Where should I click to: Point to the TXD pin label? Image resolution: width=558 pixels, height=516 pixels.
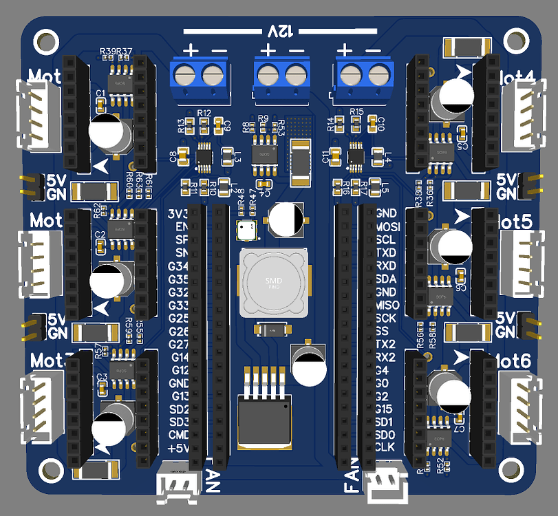pos(387,252)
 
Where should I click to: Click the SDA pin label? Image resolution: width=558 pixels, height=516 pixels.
pos(387,279)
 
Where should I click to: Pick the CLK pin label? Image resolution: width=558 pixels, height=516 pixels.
pos(387,447)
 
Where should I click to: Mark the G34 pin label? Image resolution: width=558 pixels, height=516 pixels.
pos(178,266)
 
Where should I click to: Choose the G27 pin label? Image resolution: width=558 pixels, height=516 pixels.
pos(178,344)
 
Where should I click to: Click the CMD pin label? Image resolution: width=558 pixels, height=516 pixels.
pos(178,435)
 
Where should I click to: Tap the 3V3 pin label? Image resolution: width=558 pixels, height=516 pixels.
pos(178,214)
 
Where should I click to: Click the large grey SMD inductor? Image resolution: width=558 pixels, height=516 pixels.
pos(274,282)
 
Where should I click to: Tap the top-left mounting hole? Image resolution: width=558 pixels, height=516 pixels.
pos(46,40)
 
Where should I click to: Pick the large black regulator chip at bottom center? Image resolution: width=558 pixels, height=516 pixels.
pos(265,420)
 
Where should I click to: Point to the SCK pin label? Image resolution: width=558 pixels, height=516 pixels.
pos(387,318)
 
